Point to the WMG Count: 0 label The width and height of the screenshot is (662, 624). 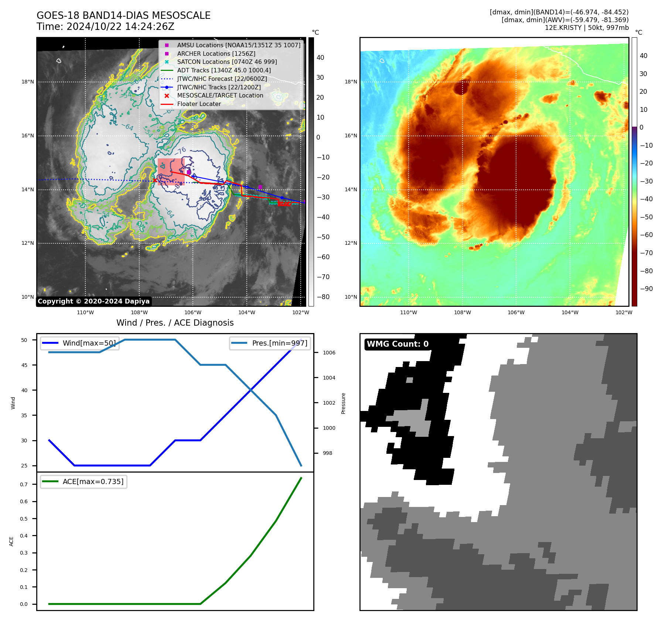pyautogui.click(x=397, y=344)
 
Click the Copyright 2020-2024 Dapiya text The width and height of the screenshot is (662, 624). pyautogui.click(x=93, y=301)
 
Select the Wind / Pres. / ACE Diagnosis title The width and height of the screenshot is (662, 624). pyautogui.click(x=175, y=323)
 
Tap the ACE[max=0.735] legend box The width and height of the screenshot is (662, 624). pyautogui.click(x=83, y=481)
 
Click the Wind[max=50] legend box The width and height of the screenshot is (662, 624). pyautogui.click(x=80, y=343)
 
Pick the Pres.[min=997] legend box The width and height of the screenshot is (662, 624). pyautogui.click(x=270, y=343)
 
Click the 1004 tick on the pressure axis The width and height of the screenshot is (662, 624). pyautogui.click(x=329, y=378)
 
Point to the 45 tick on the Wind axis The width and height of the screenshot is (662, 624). pyautogui.click(x=24, y=365)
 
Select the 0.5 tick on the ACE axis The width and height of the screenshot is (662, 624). pyautogui.click(x=24, y=519)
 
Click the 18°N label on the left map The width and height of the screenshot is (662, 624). pyautogui.click(x=28, y=82)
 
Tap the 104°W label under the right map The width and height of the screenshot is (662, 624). pyautogui.click(x=570, y=312)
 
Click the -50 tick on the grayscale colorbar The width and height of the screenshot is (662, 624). pyautogui.click(x=323, y=237)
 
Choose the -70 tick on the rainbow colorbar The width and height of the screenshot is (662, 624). pyautogui.click(x=646, y=253)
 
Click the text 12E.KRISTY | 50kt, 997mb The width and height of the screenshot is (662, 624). pyautogui.click(x=586, y=28)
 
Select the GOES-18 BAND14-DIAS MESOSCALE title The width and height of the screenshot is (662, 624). pyautogui.click(x=123, y=16)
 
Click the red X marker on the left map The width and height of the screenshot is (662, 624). pyautogui.click(x=154, y=180)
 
